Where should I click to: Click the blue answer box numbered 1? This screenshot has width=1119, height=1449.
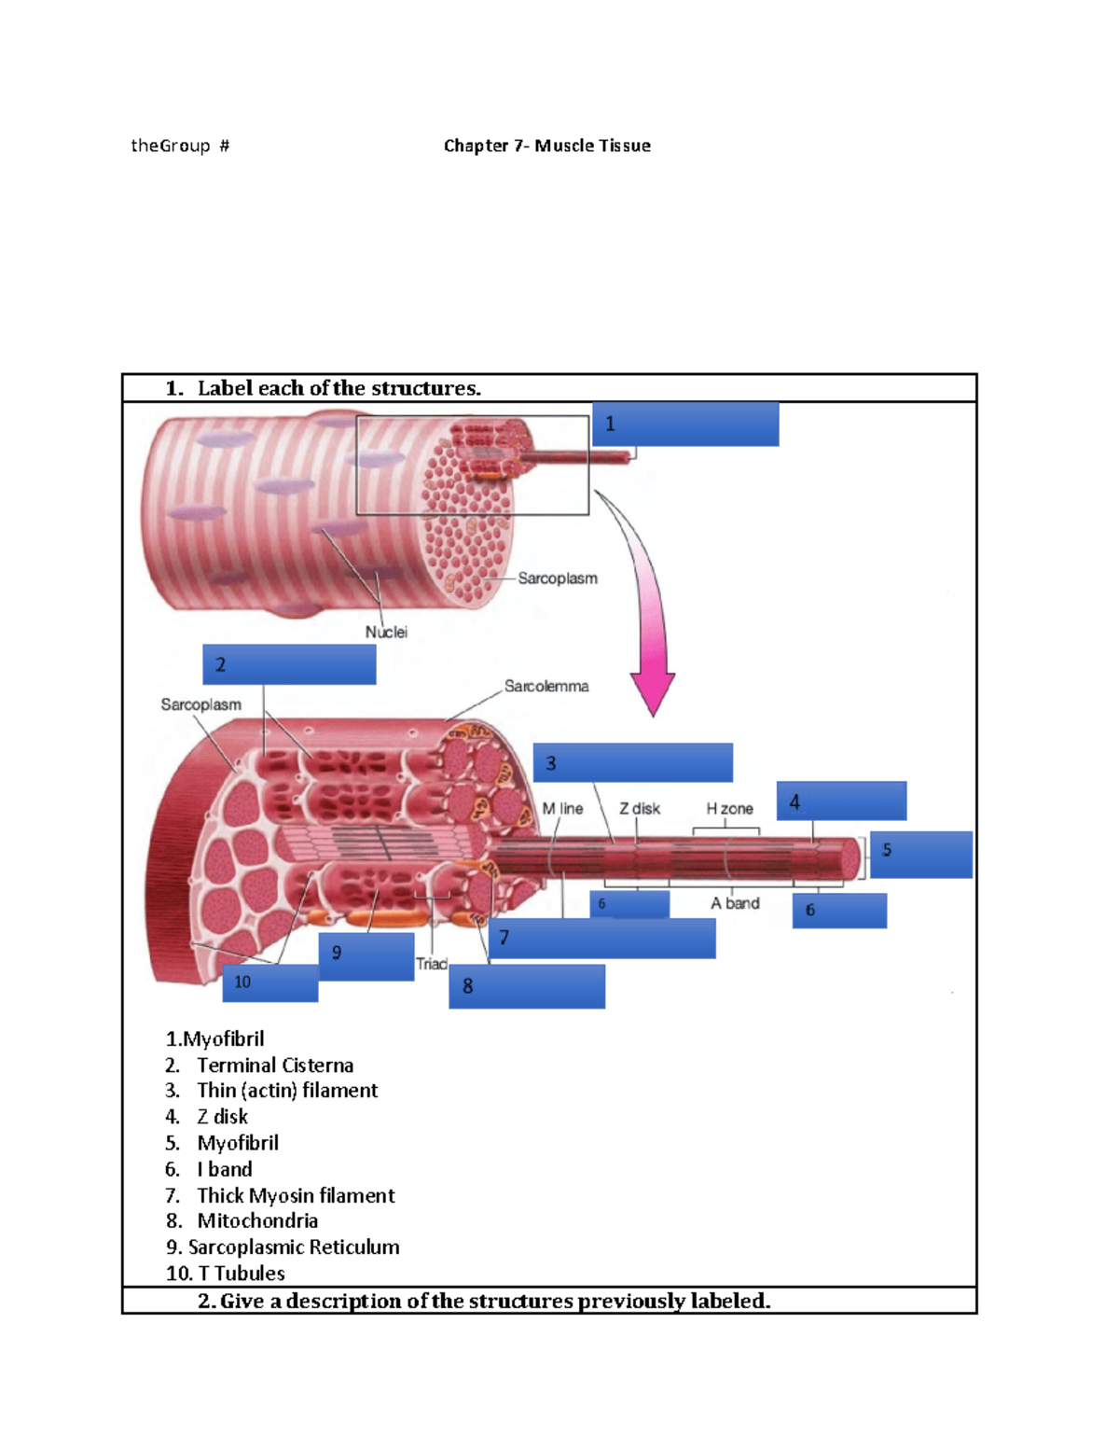coord(685,425)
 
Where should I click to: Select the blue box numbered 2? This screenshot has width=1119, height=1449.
coord(289,664)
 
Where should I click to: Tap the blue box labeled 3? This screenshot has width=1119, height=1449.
coord(632,762)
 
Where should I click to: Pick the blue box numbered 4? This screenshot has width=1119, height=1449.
coord(841,801)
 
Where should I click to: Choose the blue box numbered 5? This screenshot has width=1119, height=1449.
coord(920,854)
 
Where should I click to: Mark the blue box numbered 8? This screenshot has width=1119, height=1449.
coord(527,986)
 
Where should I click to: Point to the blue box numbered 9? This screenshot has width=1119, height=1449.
coord(366,956)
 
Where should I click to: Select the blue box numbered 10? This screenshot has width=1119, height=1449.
coord(270,983)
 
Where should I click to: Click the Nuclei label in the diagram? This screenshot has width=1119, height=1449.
coord(386,632)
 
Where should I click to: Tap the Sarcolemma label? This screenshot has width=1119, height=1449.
coord(546,686)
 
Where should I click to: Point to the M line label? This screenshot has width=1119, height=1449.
coord(562,809)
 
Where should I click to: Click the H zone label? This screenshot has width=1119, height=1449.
coord(729,809)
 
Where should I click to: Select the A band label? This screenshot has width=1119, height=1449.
coord(735,903)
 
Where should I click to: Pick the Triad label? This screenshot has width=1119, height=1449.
coord(431,964)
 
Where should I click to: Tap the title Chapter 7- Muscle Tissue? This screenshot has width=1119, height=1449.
coord(546,146)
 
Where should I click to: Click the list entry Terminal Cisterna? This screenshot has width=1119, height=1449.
coord(275,1065)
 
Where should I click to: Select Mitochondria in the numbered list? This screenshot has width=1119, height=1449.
coord(257,1220)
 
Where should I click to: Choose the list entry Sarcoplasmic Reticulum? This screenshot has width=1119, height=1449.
coord(293,1247)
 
